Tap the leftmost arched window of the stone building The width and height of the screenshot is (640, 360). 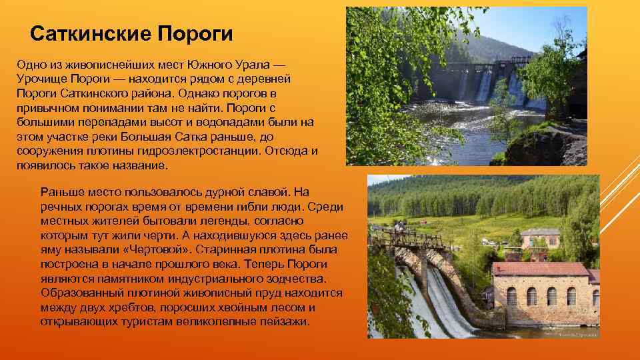[x=511, y=296]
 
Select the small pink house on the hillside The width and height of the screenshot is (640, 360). [x=539, y=237]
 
